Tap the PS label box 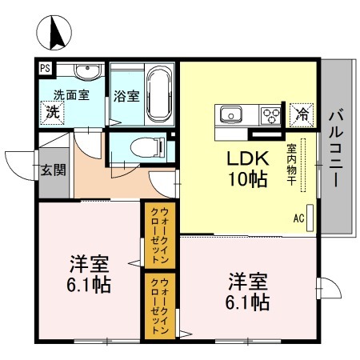coord(46,70)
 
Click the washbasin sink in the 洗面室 coord(87,74)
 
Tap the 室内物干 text coord(292,164)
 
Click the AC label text coord(298,217)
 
